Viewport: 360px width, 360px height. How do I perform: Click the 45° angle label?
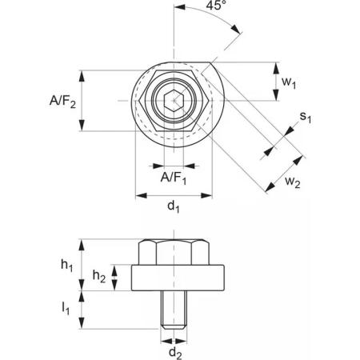[216, 5]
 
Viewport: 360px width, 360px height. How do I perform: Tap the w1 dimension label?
[289, 82]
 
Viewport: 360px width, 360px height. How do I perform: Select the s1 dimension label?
[306, 117]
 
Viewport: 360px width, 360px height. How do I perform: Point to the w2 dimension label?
[293, 182]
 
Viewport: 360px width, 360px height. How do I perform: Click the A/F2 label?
[62, 102]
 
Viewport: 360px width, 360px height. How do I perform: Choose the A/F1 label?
[174, 178]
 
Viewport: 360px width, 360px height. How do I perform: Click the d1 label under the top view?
[174, 206]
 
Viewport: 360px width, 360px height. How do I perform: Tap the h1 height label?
[66, 266]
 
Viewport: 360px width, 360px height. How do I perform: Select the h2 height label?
[99, 276]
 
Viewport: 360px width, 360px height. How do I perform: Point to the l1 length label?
[66, 308]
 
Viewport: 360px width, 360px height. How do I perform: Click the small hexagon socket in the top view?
[174, 101]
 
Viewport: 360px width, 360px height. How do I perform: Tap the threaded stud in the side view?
[174, 310]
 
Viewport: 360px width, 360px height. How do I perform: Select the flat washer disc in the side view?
[178, 278]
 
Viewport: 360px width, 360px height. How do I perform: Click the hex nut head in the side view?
[174, 252]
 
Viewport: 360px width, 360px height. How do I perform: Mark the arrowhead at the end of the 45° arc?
[236, 29]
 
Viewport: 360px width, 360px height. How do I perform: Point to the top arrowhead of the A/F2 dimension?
[82, 76]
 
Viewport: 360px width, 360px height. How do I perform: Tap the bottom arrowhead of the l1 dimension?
[82, 323]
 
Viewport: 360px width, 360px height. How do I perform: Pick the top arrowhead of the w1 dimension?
[276, 68]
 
